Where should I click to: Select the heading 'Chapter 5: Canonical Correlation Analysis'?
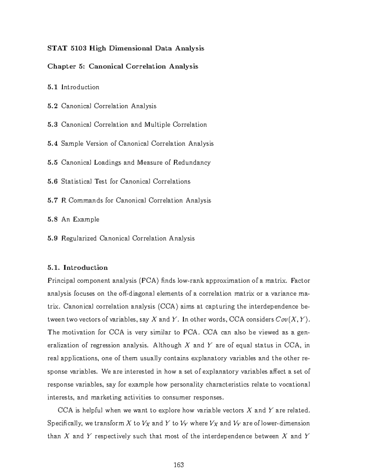tap(123, 67)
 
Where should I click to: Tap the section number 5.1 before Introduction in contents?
tap(52, 87)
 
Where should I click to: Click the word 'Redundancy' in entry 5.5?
tap(192, 163)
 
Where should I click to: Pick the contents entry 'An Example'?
tap(80, 219)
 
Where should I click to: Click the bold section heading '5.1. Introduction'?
tap(77, 268)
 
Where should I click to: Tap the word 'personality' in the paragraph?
tap(186, 385)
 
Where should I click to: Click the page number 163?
tap(178, 465)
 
